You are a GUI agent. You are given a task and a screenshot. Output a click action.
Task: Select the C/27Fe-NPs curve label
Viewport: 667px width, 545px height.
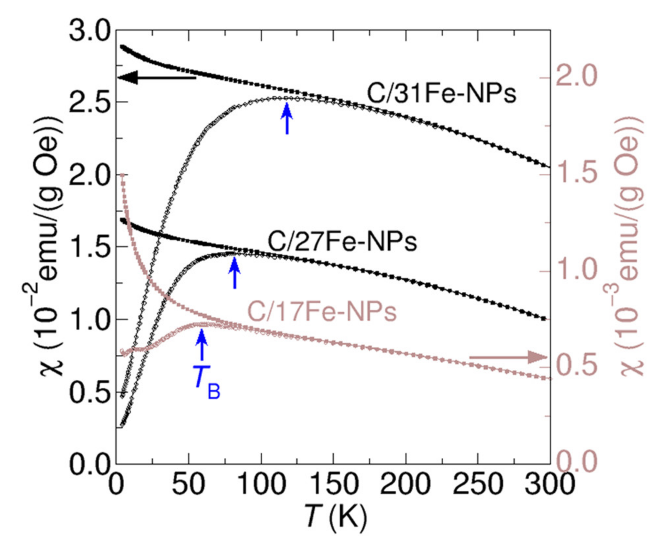click(x=342, y=242)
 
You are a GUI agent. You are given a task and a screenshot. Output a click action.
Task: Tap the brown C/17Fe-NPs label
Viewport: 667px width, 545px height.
click(x=322, y=312)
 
